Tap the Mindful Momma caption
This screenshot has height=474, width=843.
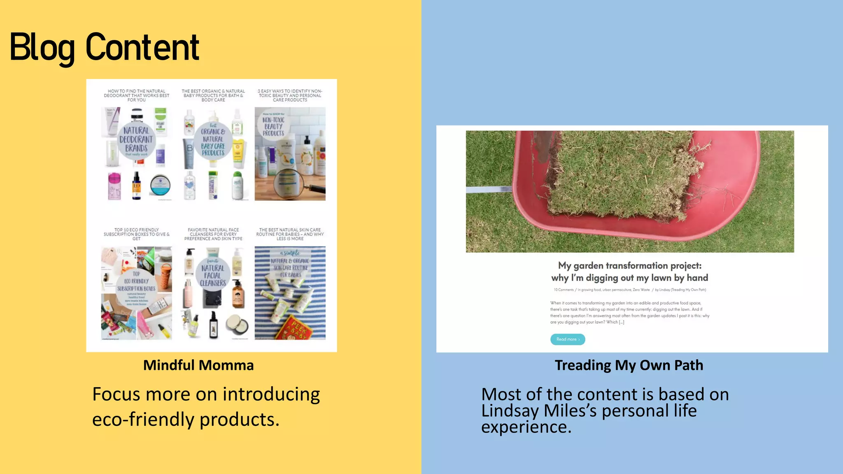point(198,365)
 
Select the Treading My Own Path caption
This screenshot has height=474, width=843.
point(629,365)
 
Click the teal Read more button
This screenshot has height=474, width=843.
point(567,339)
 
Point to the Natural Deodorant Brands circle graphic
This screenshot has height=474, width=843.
point(136,140)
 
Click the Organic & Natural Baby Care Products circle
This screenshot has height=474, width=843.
point(213,141)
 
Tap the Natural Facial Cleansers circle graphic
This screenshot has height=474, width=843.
point(213,274)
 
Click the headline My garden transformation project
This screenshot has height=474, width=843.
point(629,265)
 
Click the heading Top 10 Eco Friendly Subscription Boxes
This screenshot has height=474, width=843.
point(136,234)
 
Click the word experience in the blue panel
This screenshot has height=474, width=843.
point(526,428)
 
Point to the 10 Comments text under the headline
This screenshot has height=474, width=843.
point(564,290)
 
